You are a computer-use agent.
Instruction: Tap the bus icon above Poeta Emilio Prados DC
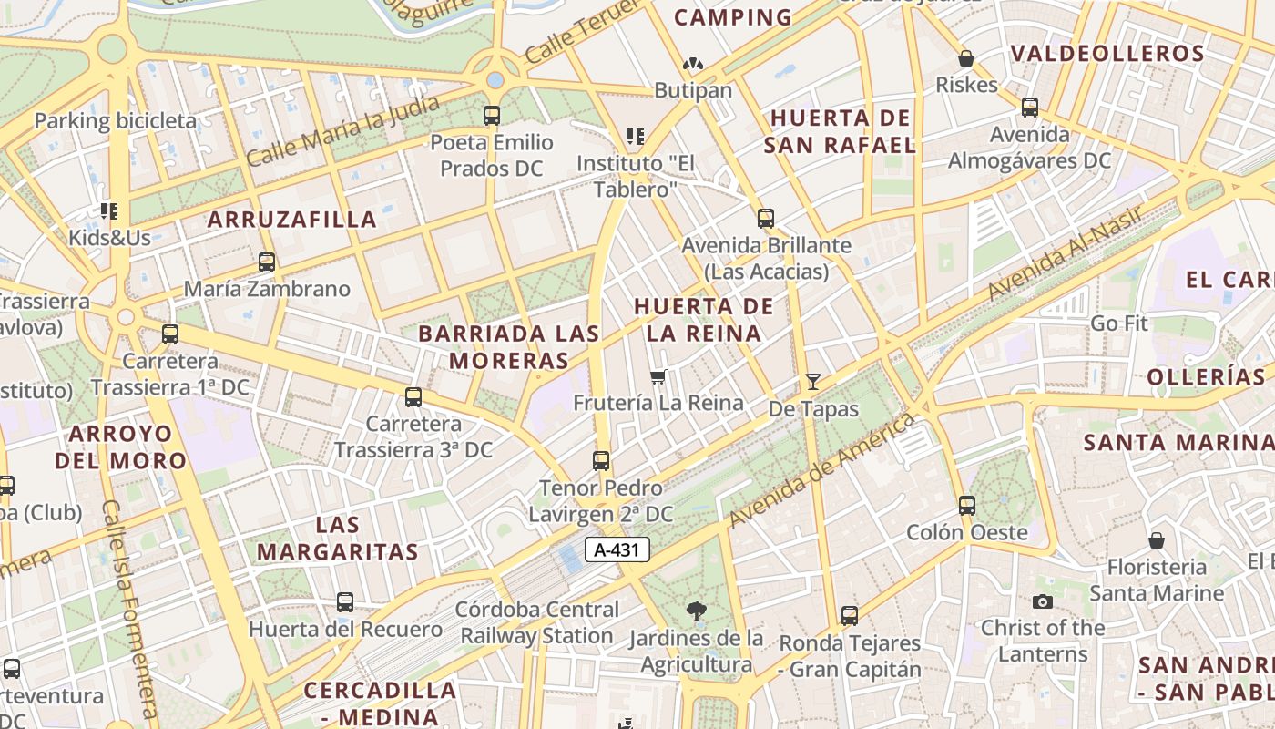492,116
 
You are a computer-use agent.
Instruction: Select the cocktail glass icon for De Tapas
813,382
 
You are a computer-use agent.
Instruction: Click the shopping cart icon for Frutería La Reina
658,376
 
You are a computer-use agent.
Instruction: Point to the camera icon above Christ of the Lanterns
1043,601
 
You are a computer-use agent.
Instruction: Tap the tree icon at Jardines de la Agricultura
697,611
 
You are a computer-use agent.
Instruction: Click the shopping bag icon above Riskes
966,59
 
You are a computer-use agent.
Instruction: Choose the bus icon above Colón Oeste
966,505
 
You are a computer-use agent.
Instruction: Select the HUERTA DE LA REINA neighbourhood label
704,320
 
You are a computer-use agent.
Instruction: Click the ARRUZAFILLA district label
291,220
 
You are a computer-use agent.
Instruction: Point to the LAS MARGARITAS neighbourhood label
338,539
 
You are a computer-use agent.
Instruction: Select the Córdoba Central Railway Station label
537,622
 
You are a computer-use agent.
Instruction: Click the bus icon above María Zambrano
267,262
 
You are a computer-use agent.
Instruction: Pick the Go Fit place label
1119,323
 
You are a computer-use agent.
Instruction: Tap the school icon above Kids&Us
109,212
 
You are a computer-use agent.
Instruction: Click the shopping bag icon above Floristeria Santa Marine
1156,540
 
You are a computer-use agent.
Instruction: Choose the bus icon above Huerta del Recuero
345,602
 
